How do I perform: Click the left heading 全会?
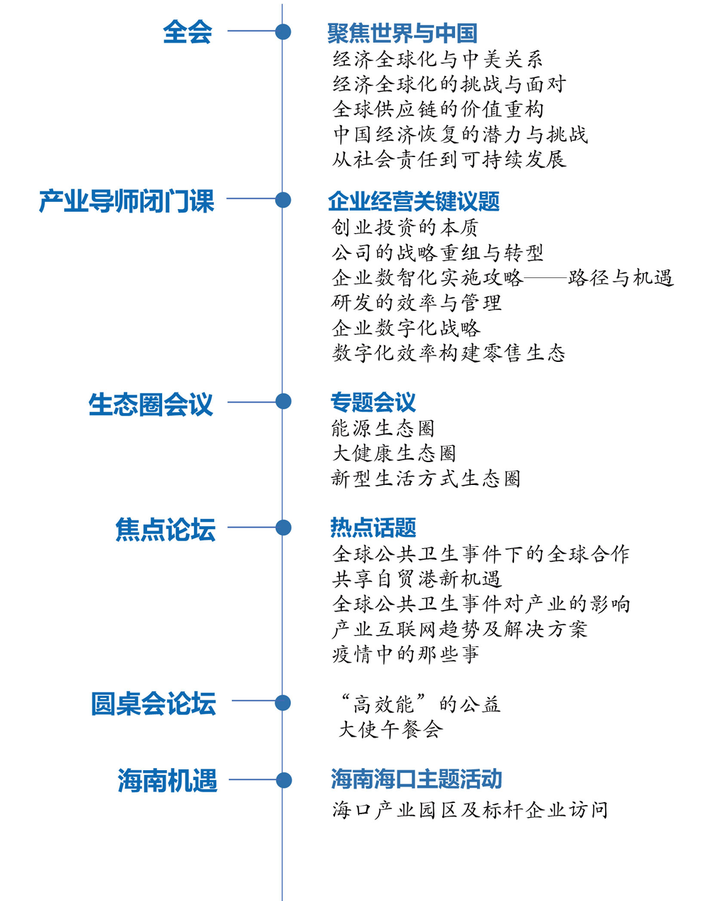coord(187,32)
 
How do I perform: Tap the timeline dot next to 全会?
coord(283,32)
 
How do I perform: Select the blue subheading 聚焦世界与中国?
coord(402,33)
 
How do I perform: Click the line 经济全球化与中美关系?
coord(437,59)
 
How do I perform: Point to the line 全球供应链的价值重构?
coord(438,110)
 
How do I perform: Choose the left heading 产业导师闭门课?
coord(127,201)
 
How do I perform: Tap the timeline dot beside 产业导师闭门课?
coord(283,200)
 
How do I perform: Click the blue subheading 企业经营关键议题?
coord(414,201)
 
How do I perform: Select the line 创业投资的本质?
coord(405,228)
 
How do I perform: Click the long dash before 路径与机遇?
coord(545,277)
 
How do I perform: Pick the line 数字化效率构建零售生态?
coord(449,353)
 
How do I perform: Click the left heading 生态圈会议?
coord(151,404)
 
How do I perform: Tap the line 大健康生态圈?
coord(394,453)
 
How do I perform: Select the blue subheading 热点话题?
coord(373,527)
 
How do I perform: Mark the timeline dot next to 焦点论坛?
coord(284,528)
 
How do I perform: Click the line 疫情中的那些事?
coord(405,654)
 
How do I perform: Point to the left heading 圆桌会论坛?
coord(154,703)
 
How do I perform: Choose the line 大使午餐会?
coord(390,730)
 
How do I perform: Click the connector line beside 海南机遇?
coord(252,779)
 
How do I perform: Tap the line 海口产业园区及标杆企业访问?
coord(470,810)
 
